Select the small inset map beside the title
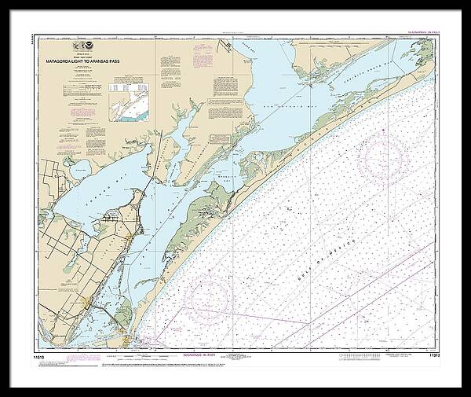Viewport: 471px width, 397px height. (x=129, y=101)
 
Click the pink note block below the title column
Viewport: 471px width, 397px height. (x=82, y=112)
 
